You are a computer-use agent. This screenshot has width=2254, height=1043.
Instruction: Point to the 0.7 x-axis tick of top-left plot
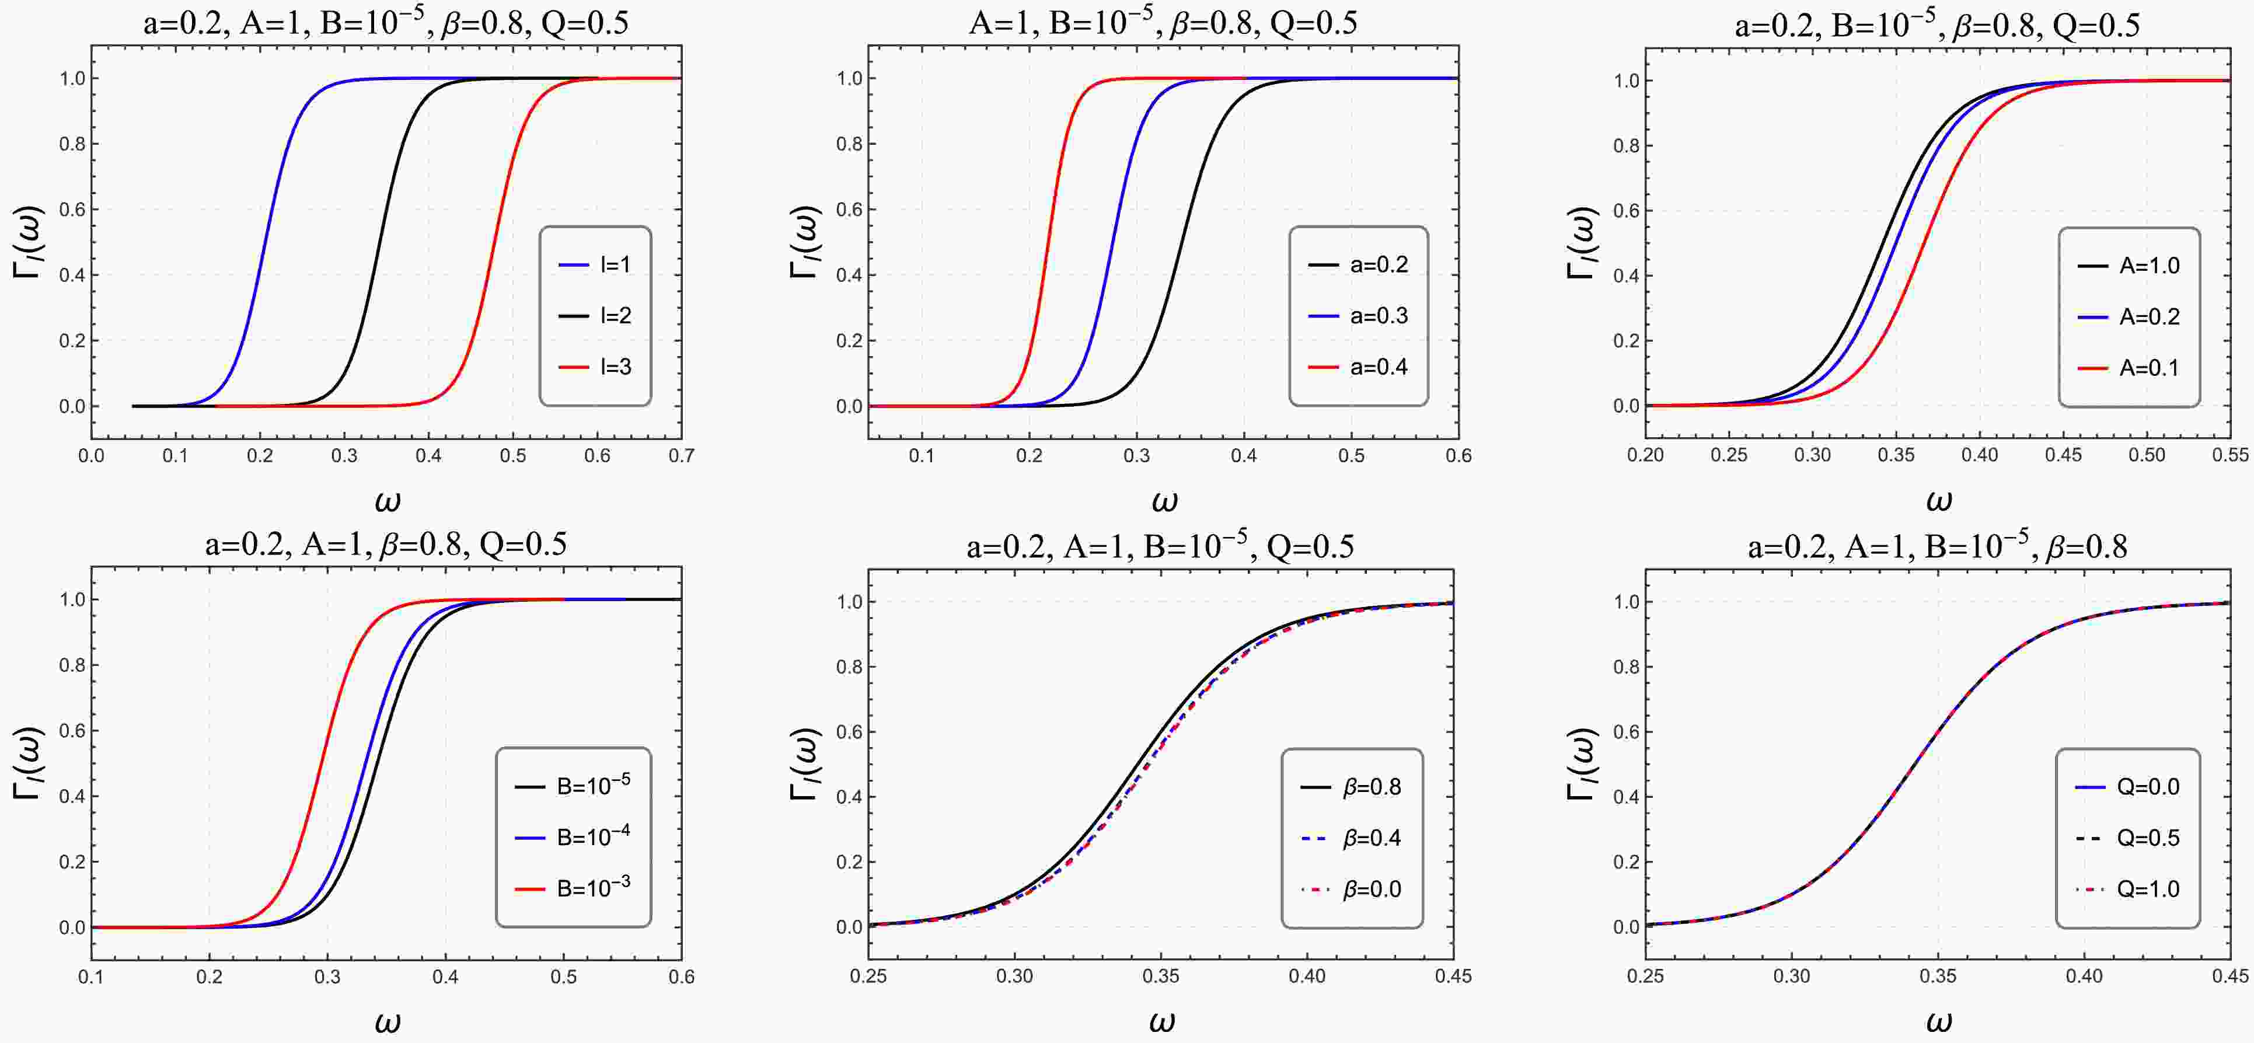[x=682, y=456]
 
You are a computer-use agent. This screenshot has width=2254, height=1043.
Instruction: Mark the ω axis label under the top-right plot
[x=1939, y=501]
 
